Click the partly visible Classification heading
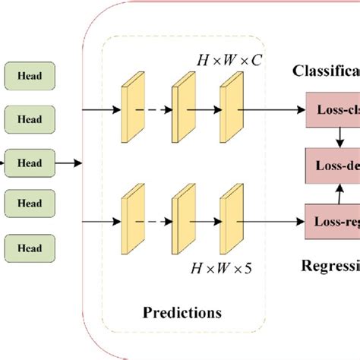tap(327, 73)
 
